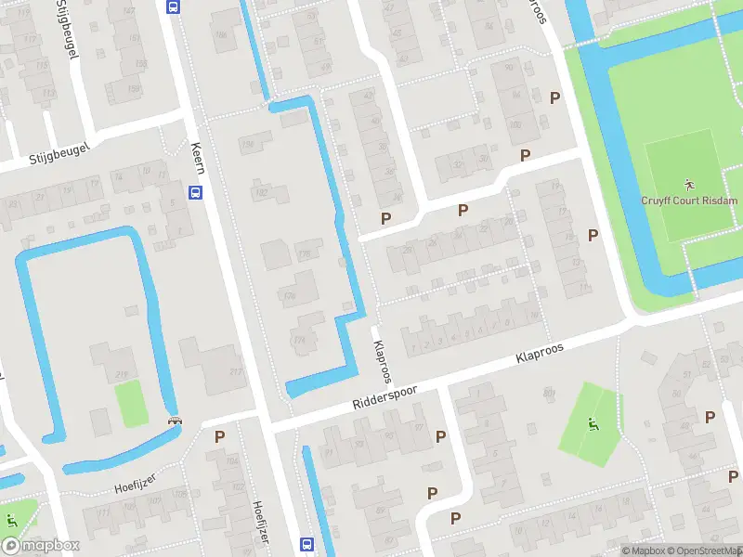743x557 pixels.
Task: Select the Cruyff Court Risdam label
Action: coord(688,200)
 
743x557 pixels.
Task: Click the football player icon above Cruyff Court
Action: coord(688,184)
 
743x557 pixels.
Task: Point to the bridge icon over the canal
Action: coord(174,421)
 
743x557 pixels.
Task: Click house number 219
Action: coord(122,374)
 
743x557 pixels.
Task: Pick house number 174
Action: coord(299,341)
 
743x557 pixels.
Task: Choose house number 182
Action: coord(260,192)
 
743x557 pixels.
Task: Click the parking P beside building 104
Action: coord(220,435)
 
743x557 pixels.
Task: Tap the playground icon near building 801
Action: coord(593,425)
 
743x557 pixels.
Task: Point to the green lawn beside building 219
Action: coord(131,404)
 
